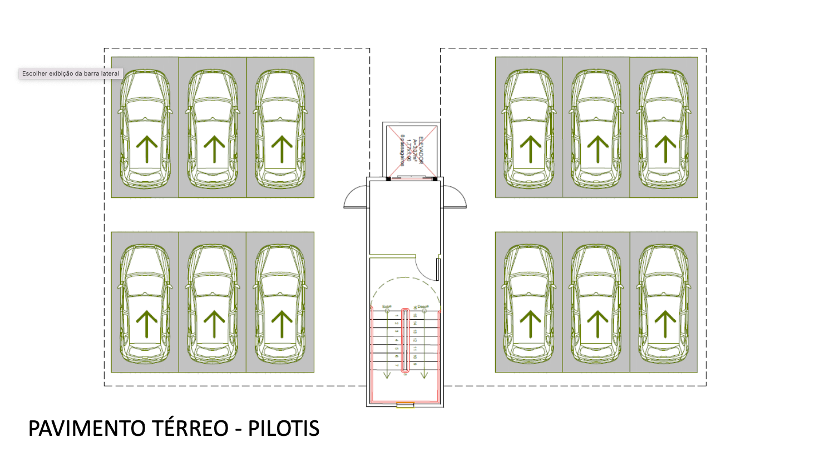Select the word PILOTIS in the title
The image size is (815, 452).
tap(284, 429)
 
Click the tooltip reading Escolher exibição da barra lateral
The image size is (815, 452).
tap(71, 73)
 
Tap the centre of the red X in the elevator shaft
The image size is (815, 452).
tap(412, 150)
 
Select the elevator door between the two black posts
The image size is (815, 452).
tap(412, 178)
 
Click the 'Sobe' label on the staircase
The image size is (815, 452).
tap(387, 306)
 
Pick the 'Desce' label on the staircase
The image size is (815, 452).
tap(423, 306)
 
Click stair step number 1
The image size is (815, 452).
tap(397, 315)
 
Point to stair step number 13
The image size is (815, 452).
tap(415, 331)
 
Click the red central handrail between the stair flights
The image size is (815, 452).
tap(406, 340)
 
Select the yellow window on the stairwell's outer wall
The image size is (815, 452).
tap(405, 405)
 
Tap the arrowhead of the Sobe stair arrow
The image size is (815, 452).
tap(387, 376)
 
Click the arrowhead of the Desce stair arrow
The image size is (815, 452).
tap(424, 376)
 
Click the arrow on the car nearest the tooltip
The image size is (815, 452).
tap(147, 149)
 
